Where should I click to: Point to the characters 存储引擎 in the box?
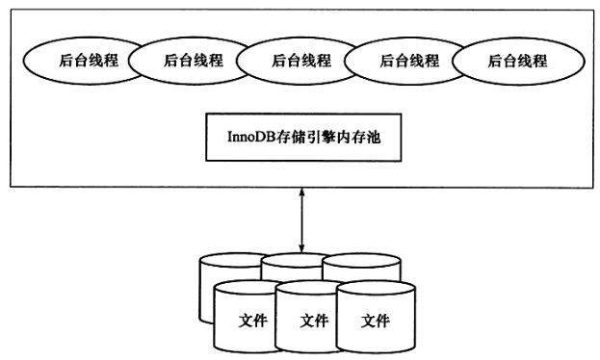click(x=301, y=138)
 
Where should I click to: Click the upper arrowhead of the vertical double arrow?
click(x=301, y=193)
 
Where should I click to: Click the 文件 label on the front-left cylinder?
click(x=251, y=321)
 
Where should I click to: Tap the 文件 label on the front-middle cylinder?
click(x=314, y=321)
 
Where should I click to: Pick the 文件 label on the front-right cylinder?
click(x=375, y=321)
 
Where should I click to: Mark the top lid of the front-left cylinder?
click(x=245, y=288)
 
